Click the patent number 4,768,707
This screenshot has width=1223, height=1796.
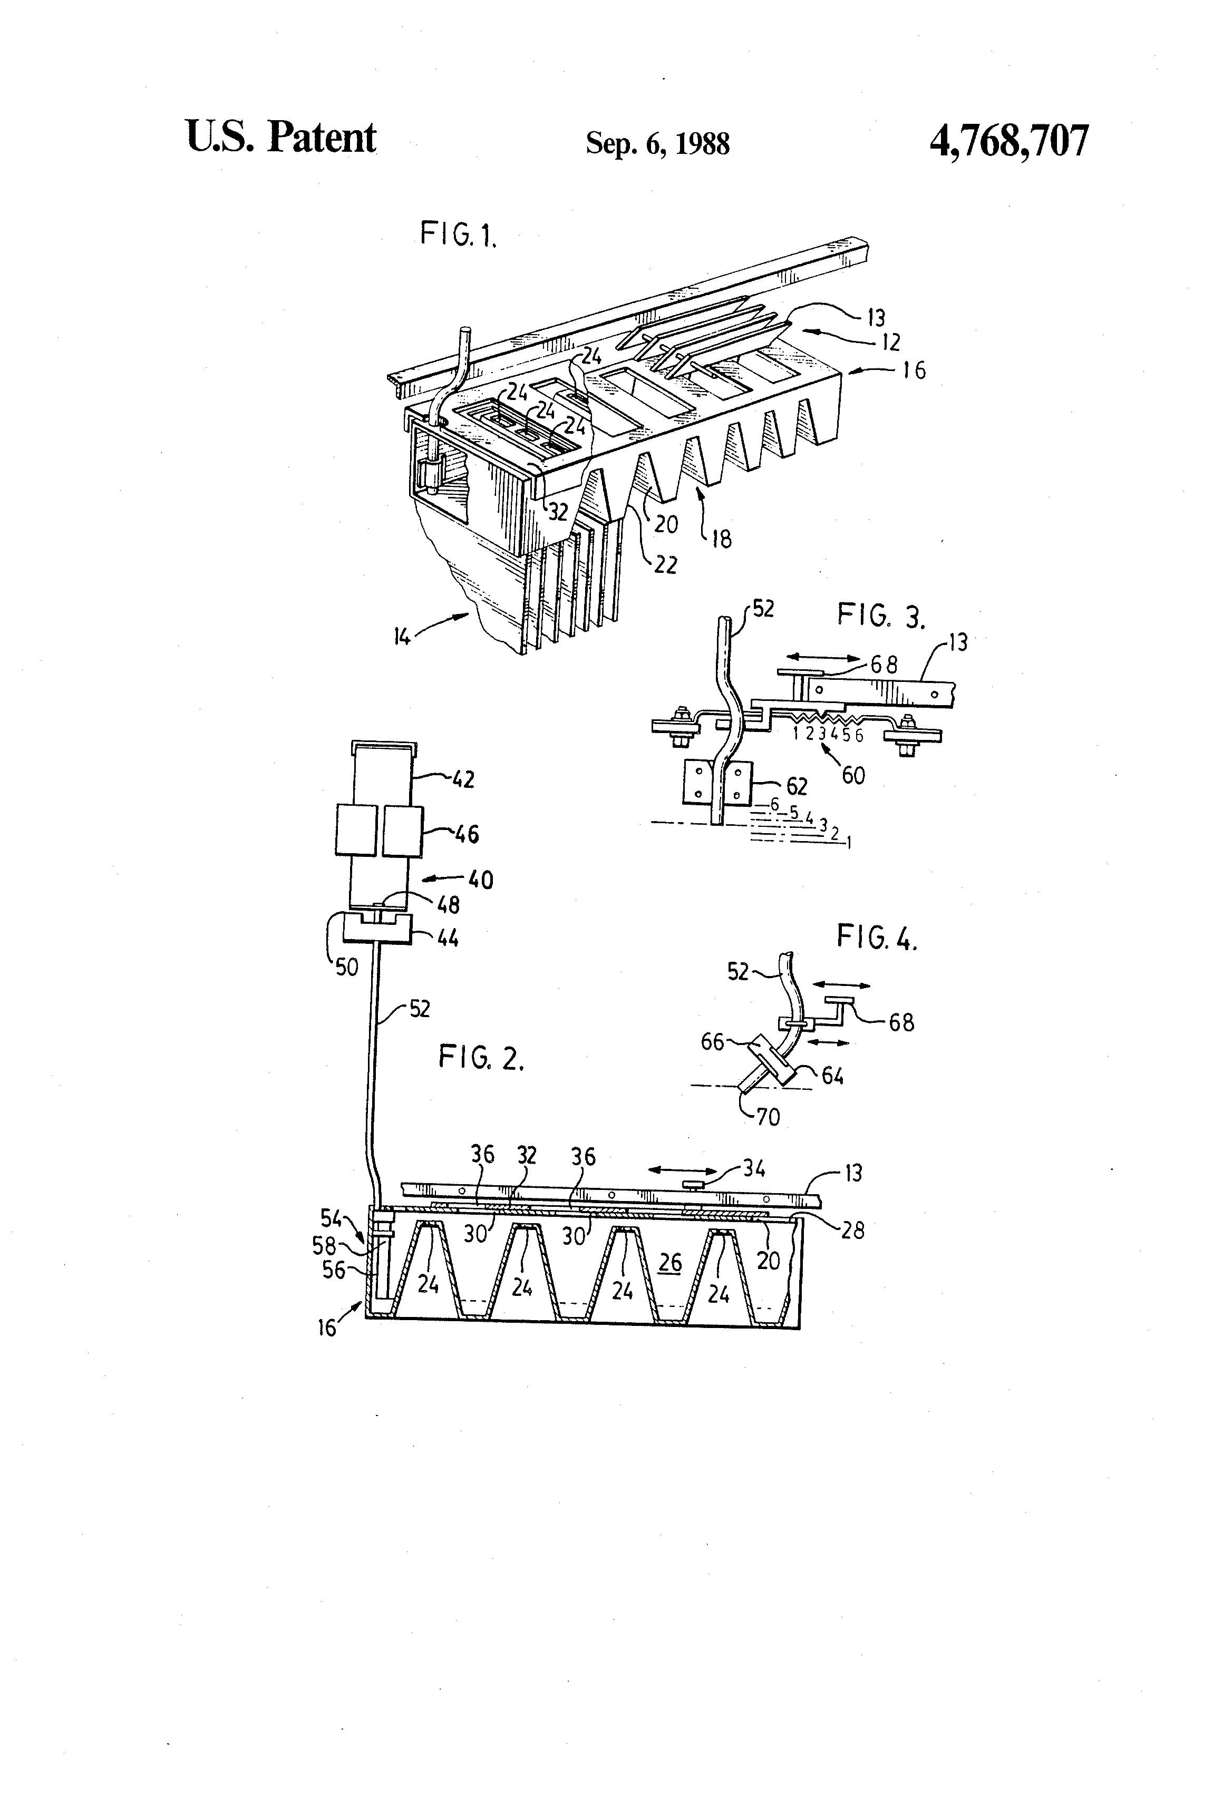(1010, 141)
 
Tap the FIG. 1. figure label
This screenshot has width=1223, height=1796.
(458, 233)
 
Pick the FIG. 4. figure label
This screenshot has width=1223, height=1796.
(877, 938)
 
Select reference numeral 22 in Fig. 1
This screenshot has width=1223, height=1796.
(665, 565)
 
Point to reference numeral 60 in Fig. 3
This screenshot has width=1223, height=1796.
(853, 775)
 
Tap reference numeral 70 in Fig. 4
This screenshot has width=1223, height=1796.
(768, 1117)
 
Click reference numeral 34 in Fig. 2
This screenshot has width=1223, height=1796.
(754, 1168)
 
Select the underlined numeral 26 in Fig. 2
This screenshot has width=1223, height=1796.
(669, 1263)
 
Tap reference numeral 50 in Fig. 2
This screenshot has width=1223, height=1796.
(346, 967)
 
